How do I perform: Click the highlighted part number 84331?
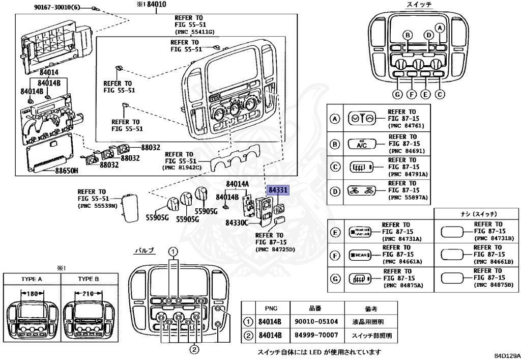[x=278, y=190]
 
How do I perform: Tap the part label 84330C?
[x=237, y=223]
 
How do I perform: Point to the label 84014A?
[x=238, y=183]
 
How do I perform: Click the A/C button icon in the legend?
[x=361, y=145]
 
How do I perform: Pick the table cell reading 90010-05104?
[x=317, y=322]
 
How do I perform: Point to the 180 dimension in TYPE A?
[x=32, y=294]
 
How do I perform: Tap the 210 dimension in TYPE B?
[x=89, y=294]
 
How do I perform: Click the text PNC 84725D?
[x=276, y=250]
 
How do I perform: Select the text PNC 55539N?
[x=98, y=206]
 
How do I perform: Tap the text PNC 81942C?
[x=182, y=168]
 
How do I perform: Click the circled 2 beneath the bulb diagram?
[x=194, y=349]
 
